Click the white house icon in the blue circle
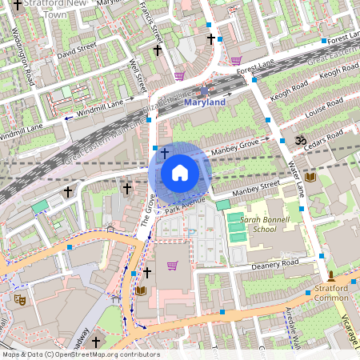point(180,173)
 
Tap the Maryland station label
point(205,102)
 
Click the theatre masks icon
point(20,299)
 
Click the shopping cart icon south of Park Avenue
point(172,266)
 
